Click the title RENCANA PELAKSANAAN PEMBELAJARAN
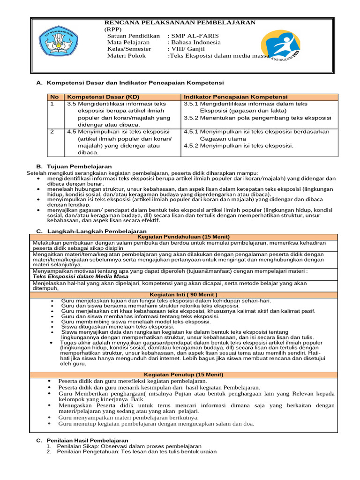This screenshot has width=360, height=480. click(x=180, y=22)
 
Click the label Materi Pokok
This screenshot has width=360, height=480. click(x=126, y=55)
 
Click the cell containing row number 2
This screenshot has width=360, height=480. click(x=52, y=132)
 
